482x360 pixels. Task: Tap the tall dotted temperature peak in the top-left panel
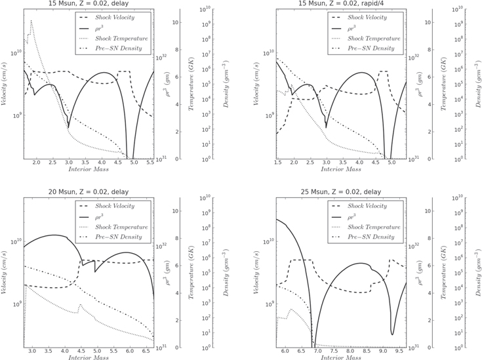point(31,21)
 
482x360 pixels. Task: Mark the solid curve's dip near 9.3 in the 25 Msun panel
point(392,334)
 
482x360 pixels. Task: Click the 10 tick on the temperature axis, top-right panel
point(410,22)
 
